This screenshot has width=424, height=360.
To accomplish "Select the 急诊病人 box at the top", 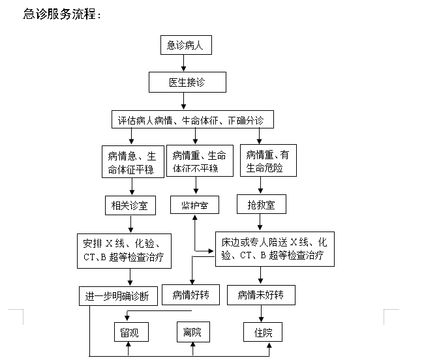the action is pyautogui.click(x=186, y=45).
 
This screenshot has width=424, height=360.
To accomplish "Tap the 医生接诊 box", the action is pyautogui.click(x=187, y=82).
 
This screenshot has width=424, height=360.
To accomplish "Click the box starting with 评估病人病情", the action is pyautogui.click(x=192, y=119).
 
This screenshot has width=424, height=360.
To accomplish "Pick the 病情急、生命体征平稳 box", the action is pyautogui.click(x=133, y=162).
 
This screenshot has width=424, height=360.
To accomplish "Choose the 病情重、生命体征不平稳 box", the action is pyautogui.click(x=200, y=160).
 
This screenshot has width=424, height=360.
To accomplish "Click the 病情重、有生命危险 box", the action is pyautogui.click(x=268, y=160).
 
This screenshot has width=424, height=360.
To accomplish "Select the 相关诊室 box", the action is pyautogui.click(x=130, y=205).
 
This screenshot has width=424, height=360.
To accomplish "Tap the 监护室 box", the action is pyautogui.click(x=194, y=205).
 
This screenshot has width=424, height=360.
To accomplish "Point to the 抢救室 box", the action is pyautogui.click(x=262, y=204).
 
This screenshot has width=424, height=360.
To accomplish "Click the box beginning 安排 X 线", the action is pyautogui.click(x=124, y=251).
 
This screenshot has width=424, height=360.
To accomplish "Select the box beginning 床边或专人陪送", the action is pyautogui.click(x=275, y=249).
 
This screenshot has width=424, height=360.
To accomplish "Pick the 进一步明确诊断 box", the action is pyautogui.click(x=118, y=296).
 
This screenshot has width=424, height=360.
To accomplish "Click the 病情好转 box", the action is pyautogui.click(x=190, y=295).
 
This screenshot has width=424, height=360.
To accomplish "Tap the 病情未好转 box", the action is pyautogui.click(x=261, y=295).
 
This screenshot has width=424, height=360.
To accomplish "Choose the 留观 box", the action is pyautogui.click(x=131, y=332).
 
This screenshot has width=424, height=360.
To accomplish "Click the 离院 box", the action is pyautogui.click(x=193, y=331).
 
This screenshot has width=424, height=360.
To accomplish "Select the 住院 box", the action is pyautogui.click(x=263, y=332).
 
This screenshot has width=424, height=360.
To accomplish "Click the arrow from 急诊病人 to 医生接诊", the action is pyautogui.click(x=183, y=63).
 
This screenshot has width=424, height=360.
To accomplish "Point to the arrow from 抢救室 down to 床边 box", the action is pyautogui.click(x=260, y=222).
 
